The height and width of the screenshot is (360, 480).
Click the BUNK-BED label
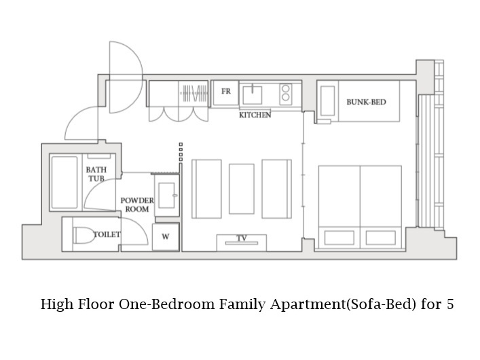tap(366, 102)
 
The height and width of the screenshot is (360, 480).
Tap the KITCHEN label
tap(255, 115)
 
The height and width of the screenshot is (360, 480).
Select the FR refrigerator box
tap(226, 93)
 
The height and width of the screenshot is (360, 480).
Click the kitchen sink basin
tap(253, 95)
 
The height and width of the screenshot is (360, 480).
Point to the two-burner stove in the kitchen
tap(286, 93)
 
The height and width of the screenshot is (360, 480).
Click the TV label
tap(242, 238)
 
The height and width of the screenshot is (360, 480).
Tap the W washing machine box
tap(166, 236)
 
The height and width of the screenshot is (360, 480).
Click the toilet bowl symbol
tap(84, 235)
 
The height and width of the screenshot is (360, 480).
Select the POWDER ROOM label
tap(137, 204)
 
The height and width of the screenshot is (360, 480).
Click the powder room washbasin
tap(167, 196)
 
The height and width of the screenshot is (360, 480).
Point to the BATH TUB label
tap(96, 174)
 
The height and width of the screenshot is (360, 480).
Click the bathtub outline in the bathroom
tap(64, 182)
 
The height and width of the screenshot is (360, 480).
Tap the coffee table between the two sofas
tap(242, 189)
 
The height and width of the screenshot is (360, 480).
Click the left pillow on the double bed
tap(339, 238)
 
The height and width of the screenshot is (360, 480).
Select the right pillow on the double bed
tap(380, 238)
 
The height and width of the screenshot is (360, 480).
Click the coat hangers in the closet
tap(194, 93)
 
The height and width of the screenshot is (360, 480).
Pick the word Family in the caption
tap(242, 305)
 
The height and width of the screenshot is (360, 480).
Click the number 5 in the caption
tap(449, 304)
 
